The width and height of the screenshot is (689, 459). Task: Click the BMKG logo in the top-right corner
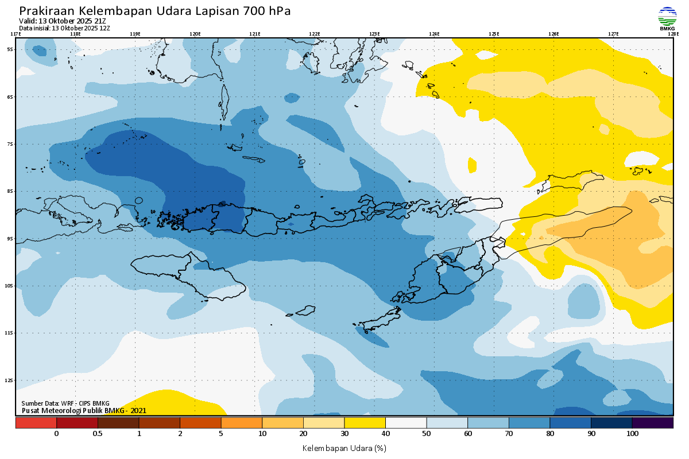pyautogui.click(x=667, y=18)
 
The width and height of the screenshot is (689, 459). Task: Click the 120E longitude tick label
pyautogui.click(x=195, y=34)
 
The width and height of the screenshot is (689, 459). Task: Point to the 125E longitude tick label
pyautogui.click(x=494, y=34)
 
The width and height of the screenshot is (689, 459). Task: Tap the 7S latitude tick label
pyautogui.click(x=10, y=144)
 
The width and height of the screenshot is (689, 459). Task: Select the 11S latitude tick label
pyautogui.click(x=10, y=333)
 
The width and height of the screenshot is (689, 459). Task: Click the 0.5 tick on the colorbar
pyautogui.click(x=98, y=434)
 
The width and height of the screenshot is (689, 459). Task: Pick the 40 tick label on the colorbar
pyautogui.click(x=385, y=434)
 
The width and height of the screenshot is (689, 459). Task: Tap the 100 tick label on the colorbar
pyautogui.click(x=632, y=434)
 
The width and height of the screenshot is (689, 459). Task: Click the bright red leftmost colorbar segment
pyautogui.click(x=36, y=423)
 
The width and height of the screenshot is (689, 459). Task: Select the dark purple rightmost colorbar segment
pyautogui.click(x=652, y=423)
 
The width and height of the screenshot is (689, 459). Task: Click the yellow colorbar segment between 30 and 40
pyautogui.click(x=365, y=423)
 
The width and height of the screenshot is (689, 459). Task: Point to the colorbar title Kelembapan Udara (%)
pyautogui.click(x=344, y=448)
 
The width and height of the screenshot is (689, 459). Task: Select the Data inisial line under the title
pyautogui.click(x=64, y=28)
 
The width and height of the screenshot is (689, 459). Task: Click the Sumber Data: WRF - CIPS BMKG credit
pyautogui.click(x=65, y=403)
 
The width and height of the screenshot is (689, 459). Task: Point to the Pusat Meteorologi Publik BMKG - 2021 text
pyautogui.click(x=84, y=410)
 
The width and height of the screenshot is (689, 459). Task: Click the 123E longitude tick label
pyautogui.click(x=374, y=34)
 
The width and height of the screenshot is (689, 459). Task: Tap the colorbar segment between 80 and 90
pyautogui.click(x=570, y=423)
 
